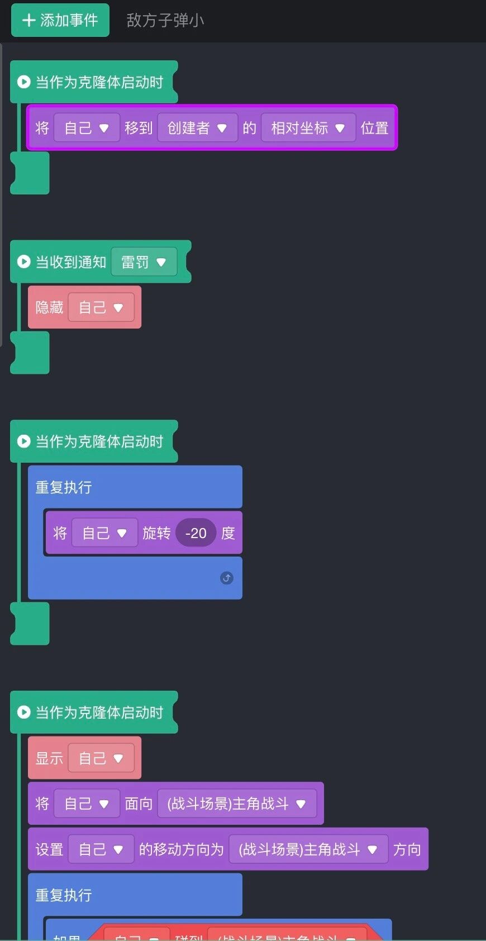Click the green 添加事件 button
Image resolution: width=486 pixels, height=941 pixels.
pyautogui.click(x=60, y=20)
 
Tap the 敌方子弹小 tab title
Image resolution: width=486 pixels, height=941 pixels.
pyautogui.click(x=165, y=21)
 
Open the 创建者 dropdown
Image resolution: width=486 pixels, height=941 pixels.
pyautogui.click(x=197, y=128)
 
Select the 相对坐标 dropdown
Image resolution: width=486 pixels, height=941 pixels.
pyautogui.click(x=308, y=128)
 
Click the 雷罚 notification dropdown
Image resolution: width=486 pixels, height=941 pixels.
pyautogui.click(x=144, y=262)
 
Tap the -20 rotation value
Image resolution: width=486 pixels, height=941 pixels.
pyautogui.click(x=196, y=533)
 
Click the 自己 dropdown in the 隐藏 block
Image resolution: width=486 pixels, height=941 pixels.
pyautogui.click(x=101, y=307)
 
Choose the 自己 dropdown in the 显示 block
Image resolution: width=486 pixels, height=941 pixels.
pyautogui.click(x=101, y=758)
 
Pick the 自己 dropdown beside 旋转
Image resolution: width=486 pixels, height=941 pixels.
pyautogui.click(x=104, y=533)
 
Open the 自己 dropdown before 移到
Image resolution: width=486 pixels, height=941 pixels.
pyautogui.click(x=87, y=128)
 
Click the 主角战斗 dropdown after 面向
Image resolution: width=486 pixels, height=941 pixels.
pyautogui.click(x=236, y=804)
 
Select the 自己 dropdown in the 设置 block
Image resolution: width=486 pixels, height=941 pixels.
pyautogui.click(x=101, y=849)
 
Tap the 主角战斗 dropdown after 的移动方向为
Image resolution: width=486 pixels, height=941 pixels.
pyautogui.click(x=308, y=849)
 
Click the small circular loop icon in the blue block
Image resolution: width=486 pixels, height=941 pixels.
pyautogui.click(x=226, y=578)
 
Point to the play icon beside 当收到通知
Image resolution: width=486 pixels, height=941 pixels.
pyautogui.click(x=23, y=262)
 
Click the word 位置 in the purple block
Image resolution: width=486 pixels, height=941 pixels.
pyautogui.click(x=374, y=128)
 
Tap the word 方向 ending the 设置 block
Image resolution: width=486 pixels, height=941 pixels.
pyautogui.click(x=407, y=849)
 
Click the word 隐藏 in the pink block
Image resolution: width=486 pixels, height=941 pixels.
pyautogui.click(x=49, y=307)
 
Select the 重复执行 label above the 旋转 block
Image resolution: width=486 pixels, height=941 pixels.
pyautogui.click(x=63, y=487)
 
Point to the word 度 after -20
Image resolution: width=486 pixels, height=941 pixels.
pyautogui.click(x=228, y=533)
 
